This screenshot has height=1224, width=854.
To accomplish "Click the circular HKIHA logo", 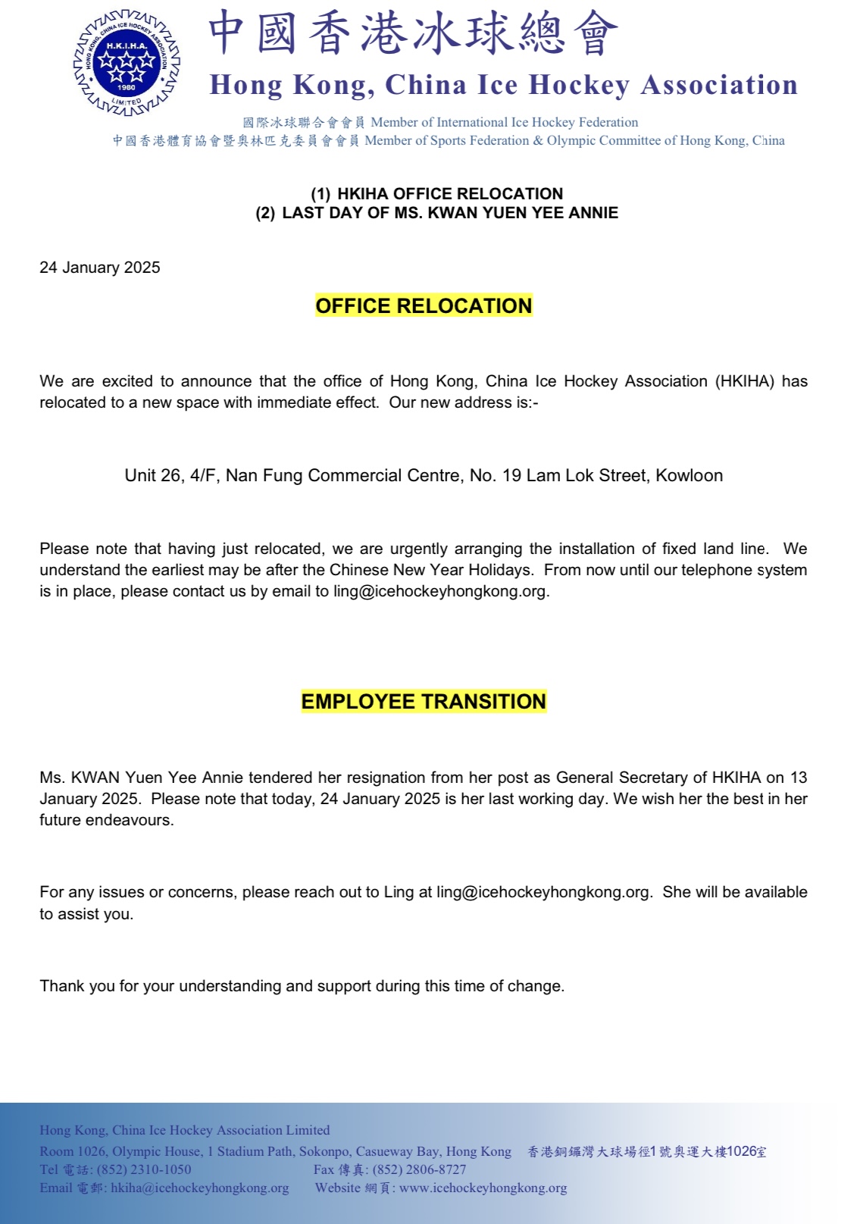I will pos(127,63).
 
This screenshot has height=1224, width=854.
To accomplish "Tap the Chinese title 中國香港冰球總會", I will pos(413,33).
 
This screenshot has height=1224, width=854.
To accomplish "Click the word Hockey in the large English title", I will pos(578,85).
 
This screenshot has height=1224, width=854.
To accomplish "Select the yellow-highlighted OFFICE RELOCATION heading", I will pos(424,305).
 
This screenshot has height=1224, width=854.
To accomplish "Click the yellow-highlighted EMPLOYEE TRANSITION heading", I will pos(424,701).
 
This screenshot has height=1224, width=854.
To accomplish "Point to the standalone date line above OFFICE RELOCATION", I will pos(99,268).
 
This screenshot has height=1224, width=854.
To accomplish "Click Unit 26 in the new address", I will pos(153,475).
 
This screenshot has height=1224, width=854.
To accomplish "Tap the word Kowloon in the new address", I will pos(689,475).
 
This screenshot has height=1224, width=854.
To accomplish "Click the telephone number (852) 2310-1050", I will pos(144,1169).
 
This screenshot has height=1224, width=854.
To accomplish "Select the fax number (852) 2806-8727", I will pos(419,1169).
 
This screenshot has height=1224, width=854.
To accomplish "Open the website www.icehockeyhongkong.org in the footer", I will pos(483,1188).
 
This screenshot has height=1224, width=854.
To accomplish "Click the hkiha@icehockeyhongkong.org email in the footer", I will pos(200,1188).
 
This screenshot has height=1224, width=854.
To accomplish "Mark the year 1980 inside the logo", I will pos(126,87).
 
